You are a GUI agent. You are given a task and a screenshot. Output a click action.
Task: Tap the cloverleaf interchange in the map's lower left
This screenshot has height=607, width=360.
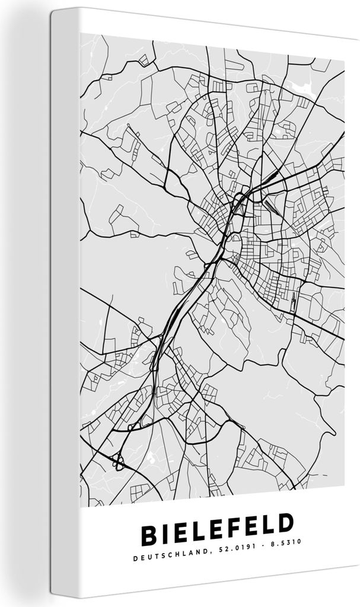click(x=119, y=460)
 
